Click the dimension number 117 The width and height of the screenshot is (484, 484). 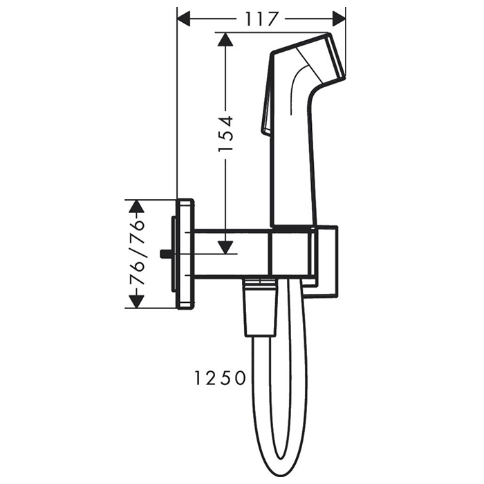coord(260,19)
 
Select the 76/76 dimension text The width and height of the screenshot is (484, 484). coord(138,254)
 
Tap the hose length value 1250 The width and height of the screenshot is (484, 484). coord(219,378)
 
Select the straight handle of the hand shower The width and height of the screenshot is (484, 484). coord(294,166)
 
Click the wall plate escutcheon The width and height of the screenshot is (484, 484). coord(186,254)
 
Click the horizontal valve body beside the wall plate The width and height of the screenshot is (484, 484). coord(232,254)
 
